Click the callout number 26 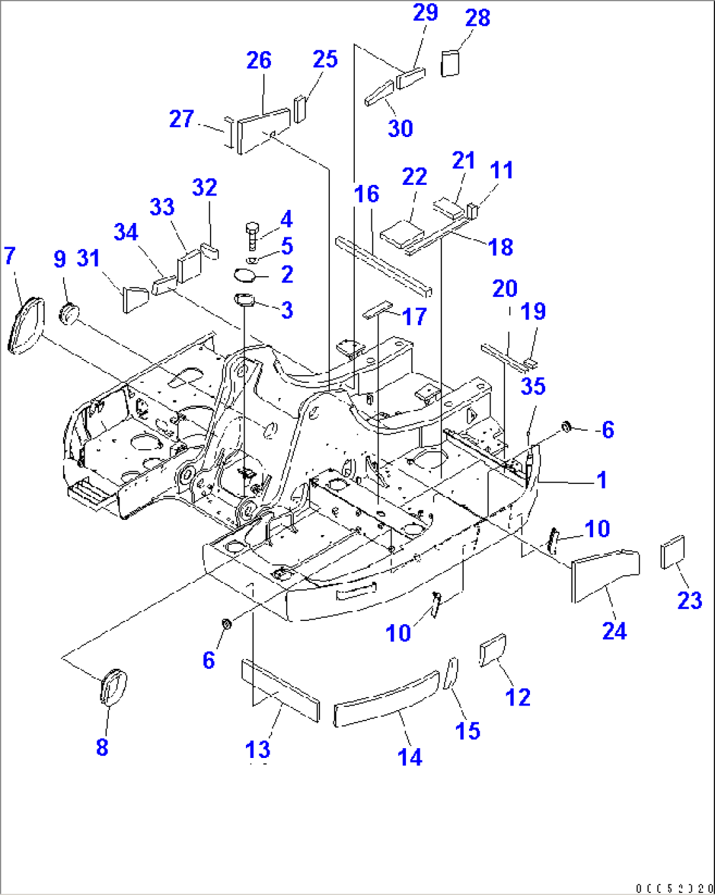[258, 60]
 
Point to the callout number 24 [614, 630]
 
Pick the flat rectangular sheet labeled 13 [281, 690]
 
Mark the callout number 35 [533, 386]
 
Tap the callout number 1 [602, 480]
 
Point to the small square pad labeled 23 [672, 552]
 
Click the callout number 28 [478, 18]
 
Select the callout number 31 [88, 258]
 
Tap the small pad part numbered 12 [493, 650]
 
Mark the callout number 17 [414, 316]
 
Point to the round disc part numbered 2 [246, 275]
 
